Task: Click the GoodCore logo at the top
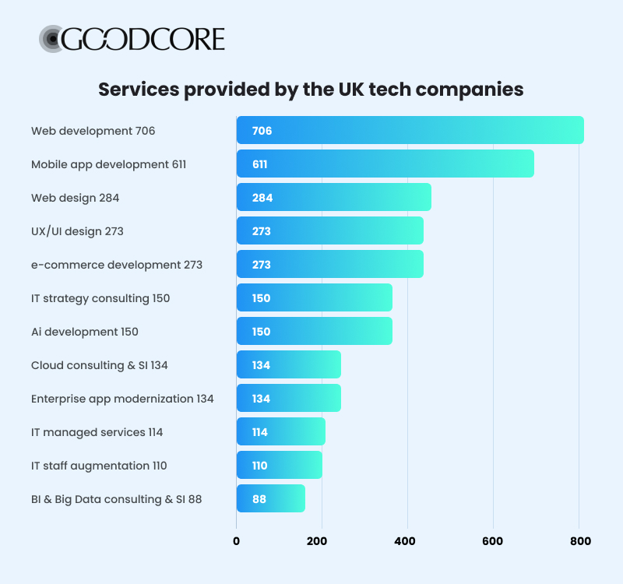click(132, 39)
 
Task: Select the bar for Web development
click(410, 130)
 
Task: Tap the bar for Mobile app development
click(385, 164)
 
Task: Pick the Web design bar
click(333, 197)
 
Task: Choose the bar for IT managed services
click(280, 431)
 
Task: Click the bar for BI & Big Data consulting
click(270, 498)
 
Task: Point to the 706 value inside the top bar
click(262, 131)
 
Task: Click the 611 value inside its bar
click(259, 164)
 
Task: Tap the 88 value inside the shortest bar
click(259, 499)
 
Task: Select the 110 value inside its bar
click(259, 466)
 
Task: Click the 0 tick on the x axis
click(237, 541)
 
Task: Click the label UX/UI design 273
click(77, 231)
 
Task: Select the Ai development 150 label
click(84, 332)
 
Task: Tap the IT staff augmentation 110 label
click(99, 466)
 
